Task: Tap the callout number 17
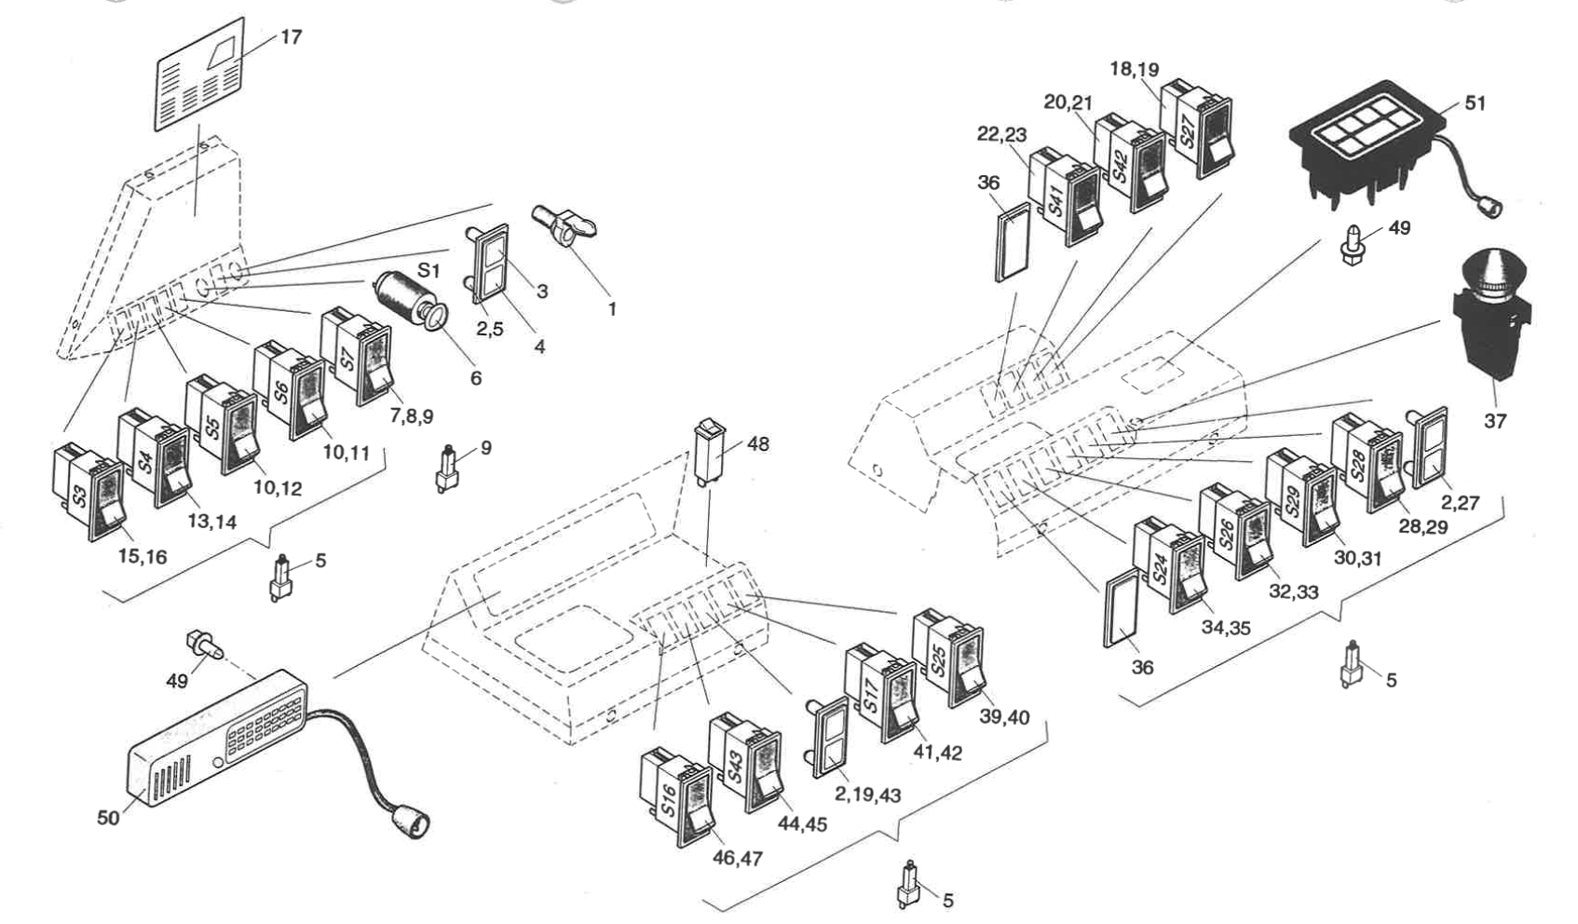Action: pyautogui.click(x=291, y=37)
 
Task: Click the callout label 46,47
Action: pyautogui.click(x=737, y=859)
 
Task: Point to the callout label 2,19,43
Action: pyautogui.click(x=867, y=795)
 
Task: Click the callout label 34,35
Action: pyautogui.click(x=1225, y=628)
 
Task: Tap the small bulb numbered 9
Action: pyautogui.click(x=447, y=469)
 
